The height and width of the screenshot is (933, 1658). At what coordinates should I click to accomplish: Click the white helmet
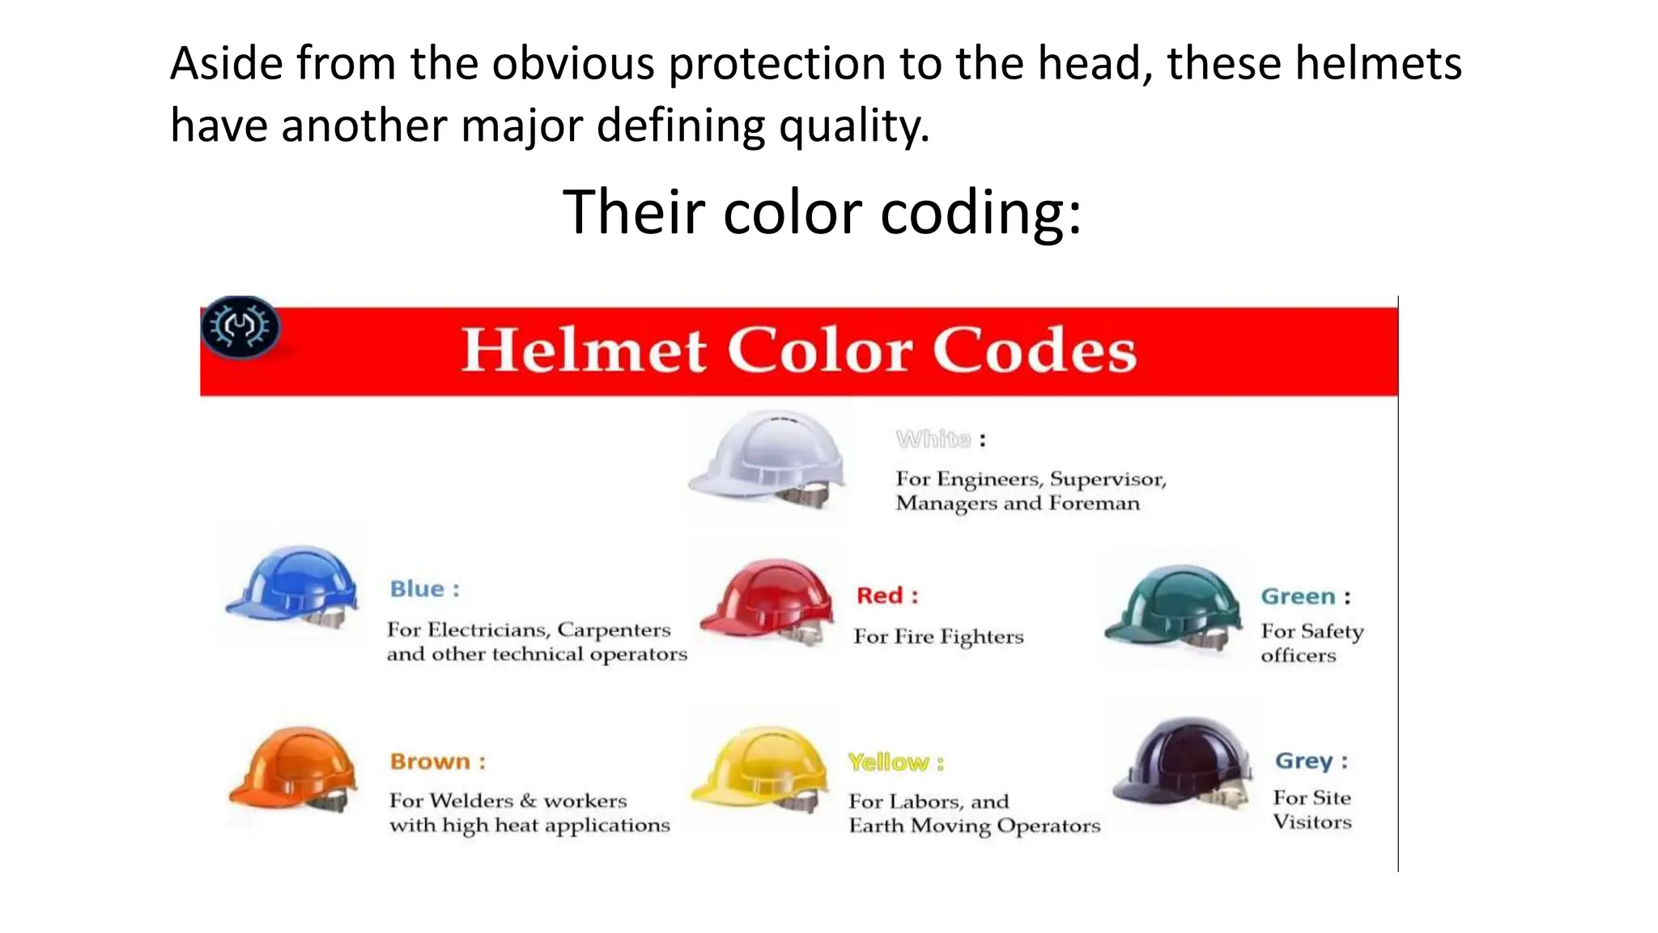[767, 457]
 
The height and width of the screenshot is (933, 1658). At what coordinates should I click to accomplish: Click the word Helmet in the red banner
[584, 351]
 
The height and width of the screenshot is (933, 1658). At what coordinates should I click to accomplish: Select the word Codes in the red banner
[1035, 351]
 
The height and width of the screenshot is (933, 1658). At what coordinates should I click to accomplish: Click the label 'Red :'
[887, 596]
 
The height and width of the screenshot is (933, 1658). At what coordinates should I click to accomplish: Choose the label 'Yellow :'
[895, 763]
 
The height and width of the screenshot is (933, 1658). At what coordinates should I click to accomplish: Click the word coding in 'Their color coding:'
[980, 212]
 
